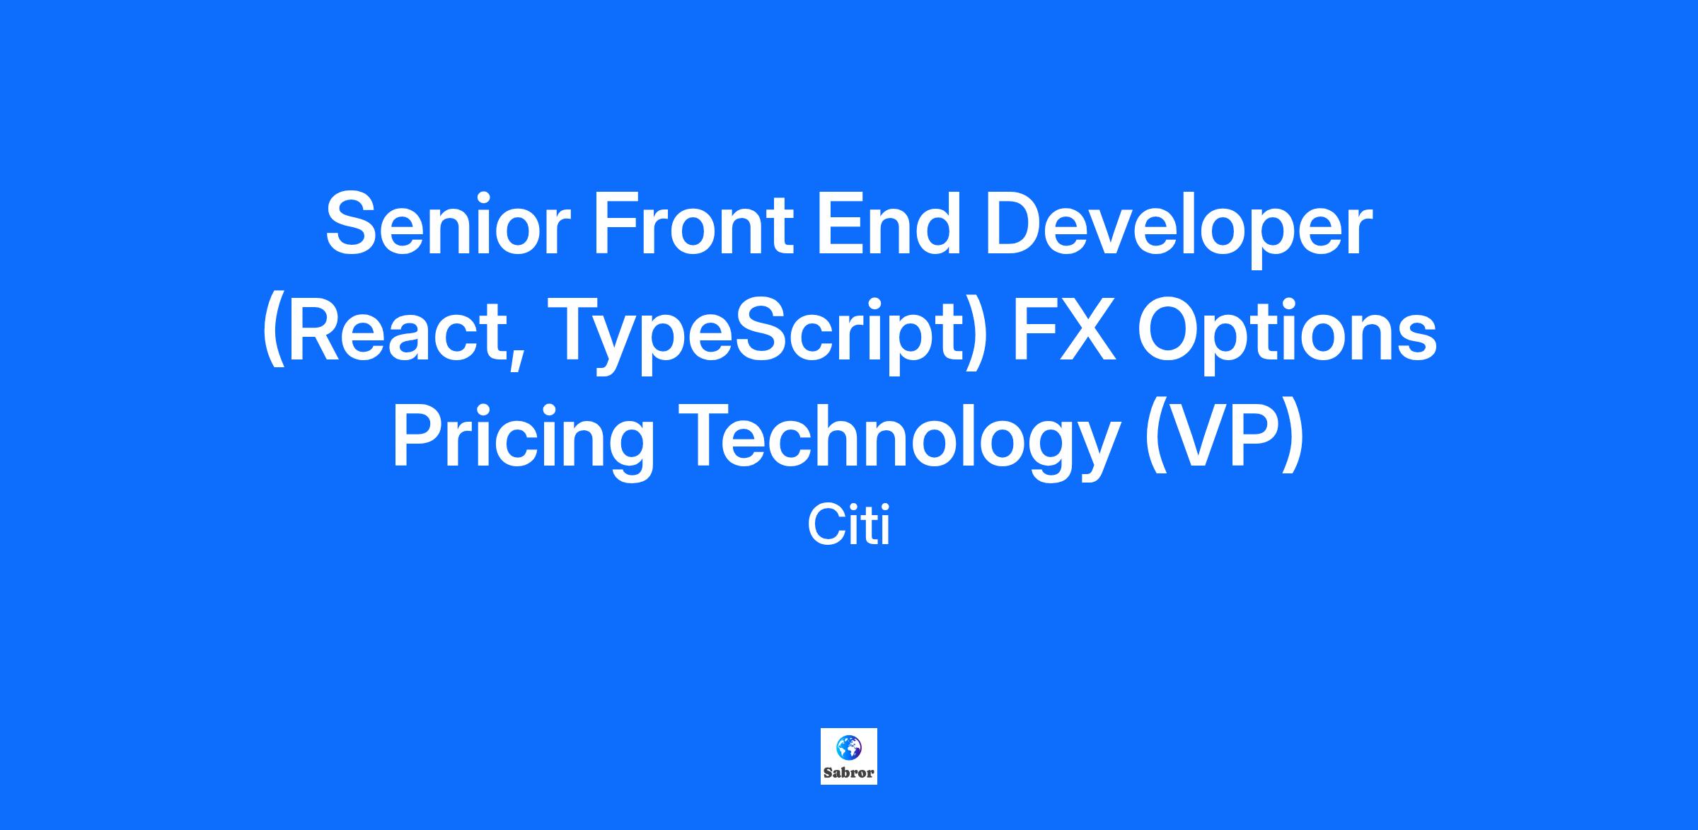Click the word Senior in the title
447,223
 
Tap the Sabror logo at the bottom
849,756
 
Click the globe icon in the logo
849,747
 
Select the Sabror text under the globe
849,773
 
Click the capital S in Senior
351,223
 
